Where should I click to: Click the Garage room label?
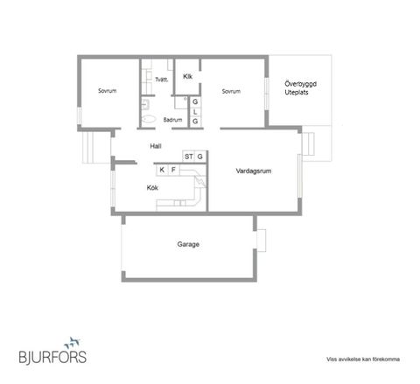click(188, 244)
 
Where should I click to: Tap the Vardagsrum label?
click(254, 171)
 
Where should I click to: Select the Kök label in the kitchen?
click(152, 188)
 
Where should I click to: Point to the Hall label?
click(156, 146)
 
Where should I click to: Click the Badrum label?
click(172, 120)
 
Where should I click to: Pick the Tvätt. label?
click(162, 80)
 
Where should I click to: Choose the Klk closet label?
click(187, 76)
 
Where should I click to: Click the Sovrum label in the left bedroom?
click(108, 91)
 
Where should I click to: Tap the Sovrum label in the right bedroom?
click(231, 91)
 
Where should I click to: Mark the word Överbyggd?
click(300, 84)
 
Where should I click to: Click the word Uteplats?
click(297, 93)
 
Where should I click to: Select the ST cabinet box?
click(188, 157)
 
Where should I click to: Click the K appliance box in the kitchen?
click(162, 170)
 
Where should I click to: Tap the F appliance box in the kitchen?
click(173, 170)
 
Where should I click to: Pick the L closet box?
click(195, 112)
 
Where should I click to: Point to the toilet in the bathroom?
click(149, 119)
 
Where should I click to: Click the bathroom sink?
click(145, 104)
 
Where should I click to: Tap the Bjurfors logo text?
click(52, 357)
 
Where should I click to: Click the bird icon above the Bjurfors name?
click(72, 343)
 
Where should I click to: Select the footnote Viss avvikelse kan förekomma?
click(363, 360)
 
